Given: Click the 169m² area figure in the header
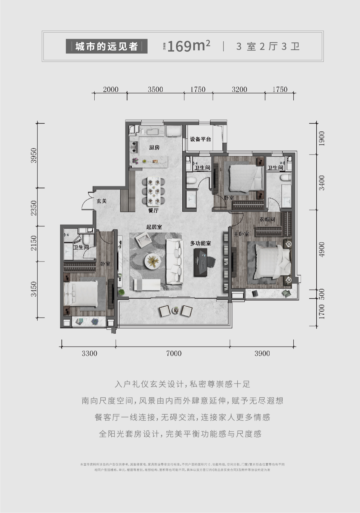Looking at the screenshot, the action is pos(189,46).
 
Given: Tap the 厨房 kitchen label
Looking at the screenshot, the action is pos(154,147).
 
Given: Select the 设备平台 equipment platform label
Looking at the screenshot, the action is pos(200,139).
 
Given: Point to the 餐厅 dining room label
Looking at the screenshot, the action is pos(153,210).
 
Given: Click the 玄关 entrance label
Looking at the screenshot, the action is pos(102,201).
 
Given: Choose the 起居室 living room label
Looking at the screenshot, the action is pos(154,227).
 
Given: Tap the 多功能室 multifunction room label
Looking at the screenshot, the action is pos(201,243).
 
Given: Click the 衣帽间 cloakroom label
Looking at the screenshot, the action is pos(267,219).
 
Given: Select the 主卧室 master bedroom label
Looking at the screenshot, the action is pos(241,234).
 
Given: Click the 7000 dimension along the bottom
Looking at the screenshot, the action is pos(174,353).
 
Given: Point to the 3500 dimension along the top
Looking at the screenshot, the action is pos(155,89).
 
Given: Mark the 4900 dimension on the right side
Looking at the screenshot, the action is pos(322,249).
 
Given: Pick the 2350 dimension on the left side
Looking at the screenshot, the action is pos(34,207).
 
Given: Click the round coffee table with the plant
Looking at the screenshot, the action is pos(153,261).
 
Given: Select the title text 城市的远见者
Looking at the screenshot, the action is pos(107,46).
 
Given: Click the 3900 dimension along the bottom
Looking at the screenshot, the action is pos(262,353).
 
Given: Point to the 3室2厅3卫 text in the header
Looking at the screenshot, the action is pos(268,46).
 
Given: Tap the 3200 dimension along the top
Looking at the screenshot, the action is pos(239,89).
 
